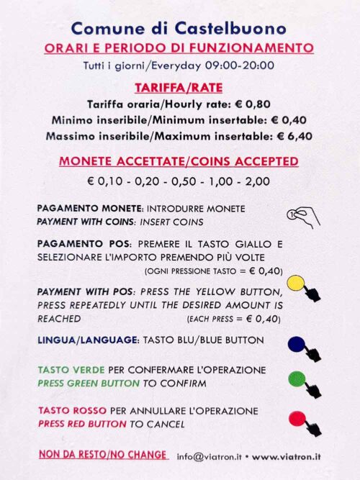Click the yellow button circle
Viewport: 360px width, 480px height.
294,284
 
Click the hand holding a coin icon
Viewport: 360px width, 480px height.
303,214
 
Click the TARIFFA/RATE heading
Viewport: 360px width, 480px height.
179,87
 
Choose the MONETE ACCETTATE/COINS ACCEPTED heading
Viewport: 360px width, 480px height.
179,161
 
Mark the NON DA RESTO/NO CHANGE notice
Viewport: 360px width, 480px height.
103,456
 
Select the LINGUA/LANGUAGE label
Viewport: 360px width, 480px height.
86,340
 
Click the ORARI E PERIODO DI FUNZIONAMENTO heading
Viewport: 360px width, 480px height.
179,49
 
